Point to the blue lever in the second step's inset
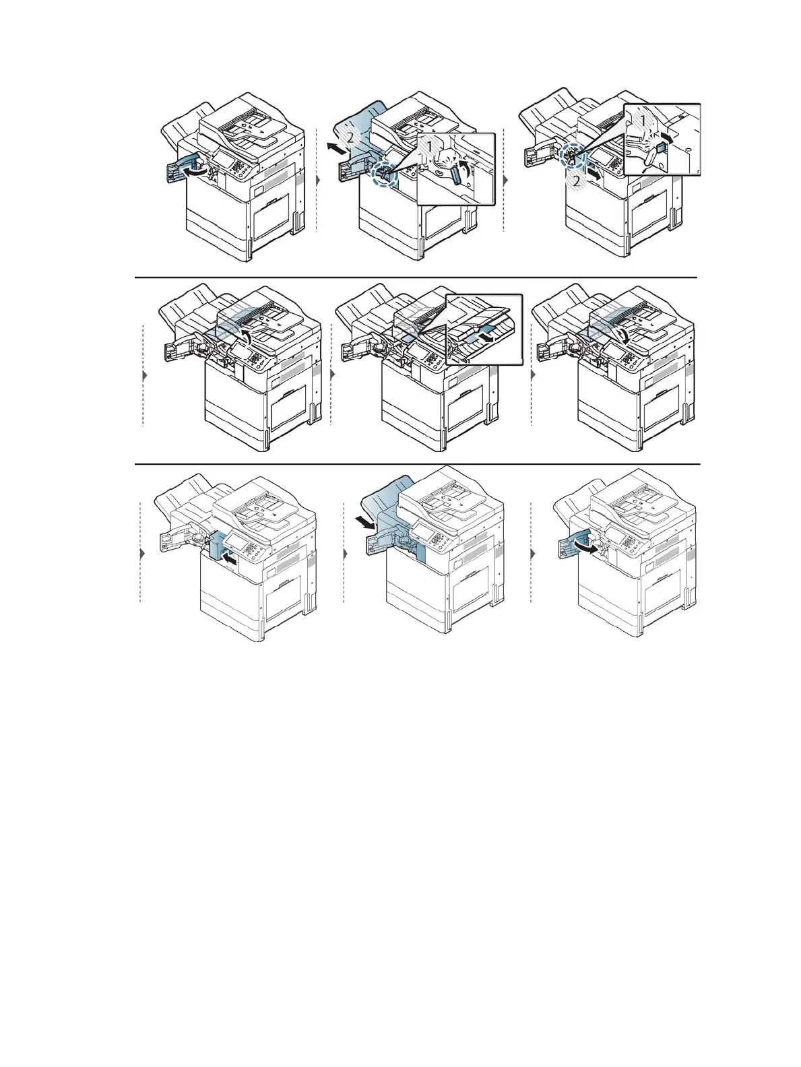[x=456, y=174]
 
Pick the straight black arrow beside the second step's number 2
[x=334, y=146]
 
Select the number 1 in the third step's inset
[x=642, y=119]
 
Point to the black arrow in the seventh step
[x=230, y=558]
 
